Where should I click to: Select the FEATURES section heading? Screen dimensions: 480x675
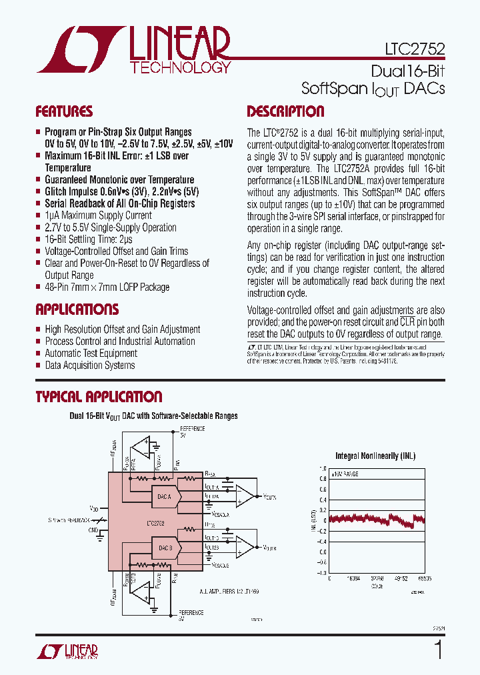point(64,111)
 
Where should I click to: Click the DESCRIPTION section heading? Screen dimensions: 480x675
point(285,111)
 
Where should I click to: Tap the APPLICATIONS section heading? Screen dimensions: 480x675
point(77,309)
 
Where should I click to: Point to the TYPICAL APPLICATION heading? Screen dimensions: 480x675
point(99,397)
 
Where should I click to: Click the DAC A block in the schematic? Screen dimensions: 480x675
point(165,496)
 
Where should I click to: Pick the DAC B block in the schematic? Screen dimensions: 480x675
point(165,549)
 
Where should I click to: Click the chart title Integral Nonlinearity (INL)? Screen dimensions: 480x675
point(376,456)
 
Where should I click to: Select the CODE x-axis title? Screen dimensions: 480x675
point(377,586)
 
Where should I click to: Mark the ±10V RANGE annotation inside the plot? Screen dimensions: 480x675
point(345,473)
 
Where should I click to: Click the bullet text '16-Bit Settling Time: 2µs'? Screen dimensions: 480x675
point(88,239)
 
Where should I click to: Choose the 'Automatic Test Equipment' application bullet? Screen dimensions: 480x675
point(91,354)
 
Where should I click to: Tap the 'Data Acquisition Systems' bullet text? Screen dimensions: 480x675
point(90,366)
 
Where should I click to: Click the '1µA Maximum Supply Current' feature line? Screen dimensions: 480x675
point(98,215)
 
